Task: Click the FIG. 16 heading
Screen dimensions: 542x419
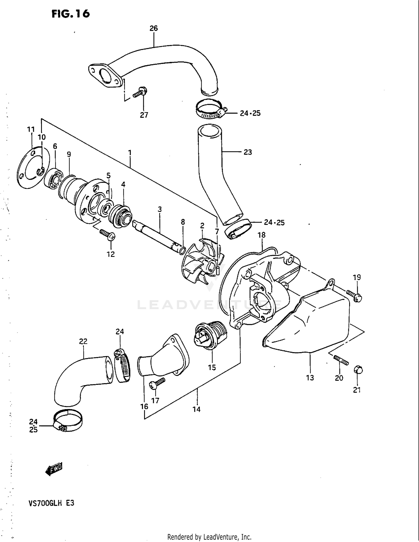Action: pos(71,13)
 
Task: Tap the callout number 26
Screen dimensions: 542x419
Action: pos(154,28)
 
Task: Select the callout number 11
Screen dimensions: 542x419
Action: pos(31,129)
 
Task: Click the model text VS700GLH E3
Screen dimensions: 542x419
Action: pos(51,503)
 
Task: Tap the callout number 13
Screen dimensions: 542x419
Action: pos(310,378)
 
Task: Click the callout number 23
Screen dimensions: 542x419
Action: pos(248,152)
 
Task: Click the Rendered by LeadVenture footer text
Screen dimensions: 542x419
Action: pos(209,537)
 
